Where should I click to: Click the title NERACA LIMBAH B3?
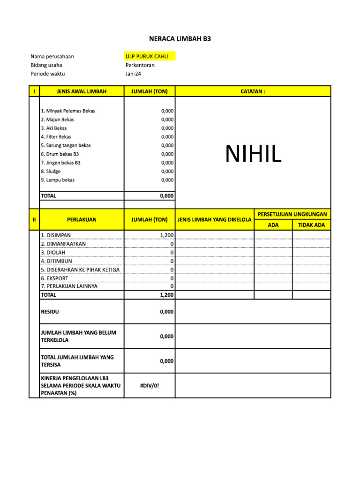(x=180, y=39)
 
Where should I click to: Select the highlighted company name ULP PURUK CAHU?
(x=146, y=57)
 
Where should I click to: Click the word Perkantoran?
(x=140, y=65)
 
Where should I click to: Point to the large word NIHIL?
(x=253, y=154)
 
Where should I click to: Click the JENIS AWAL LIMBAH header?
(x=82, y=91)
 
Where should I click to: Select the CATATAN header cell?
(x=253, y=91)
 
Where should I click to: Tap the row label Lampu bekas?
(x=58, y=180)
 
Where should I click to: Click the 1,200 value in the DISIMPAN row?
(x=166, y=235)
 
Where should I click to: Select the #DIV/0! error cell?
(x=150, y=385)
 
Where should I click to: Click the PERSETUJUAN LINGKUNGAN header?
(x=292, y=214)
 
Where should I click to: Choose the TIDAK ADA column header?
(x=311, y=225)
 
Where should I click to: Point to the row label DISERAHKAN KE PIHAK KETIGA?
(x=80, y=270)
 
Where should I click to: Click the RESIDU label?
(x=50, y=312)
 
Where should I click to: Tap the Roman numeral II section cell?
(x=34, y=219)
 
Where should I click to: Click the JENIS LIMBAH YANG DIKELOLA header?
(x=214, y=219)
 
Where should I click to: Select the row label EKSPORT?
(x=54, y=278)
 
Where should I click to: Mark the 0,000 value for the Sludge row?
(x=167, y=172)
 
